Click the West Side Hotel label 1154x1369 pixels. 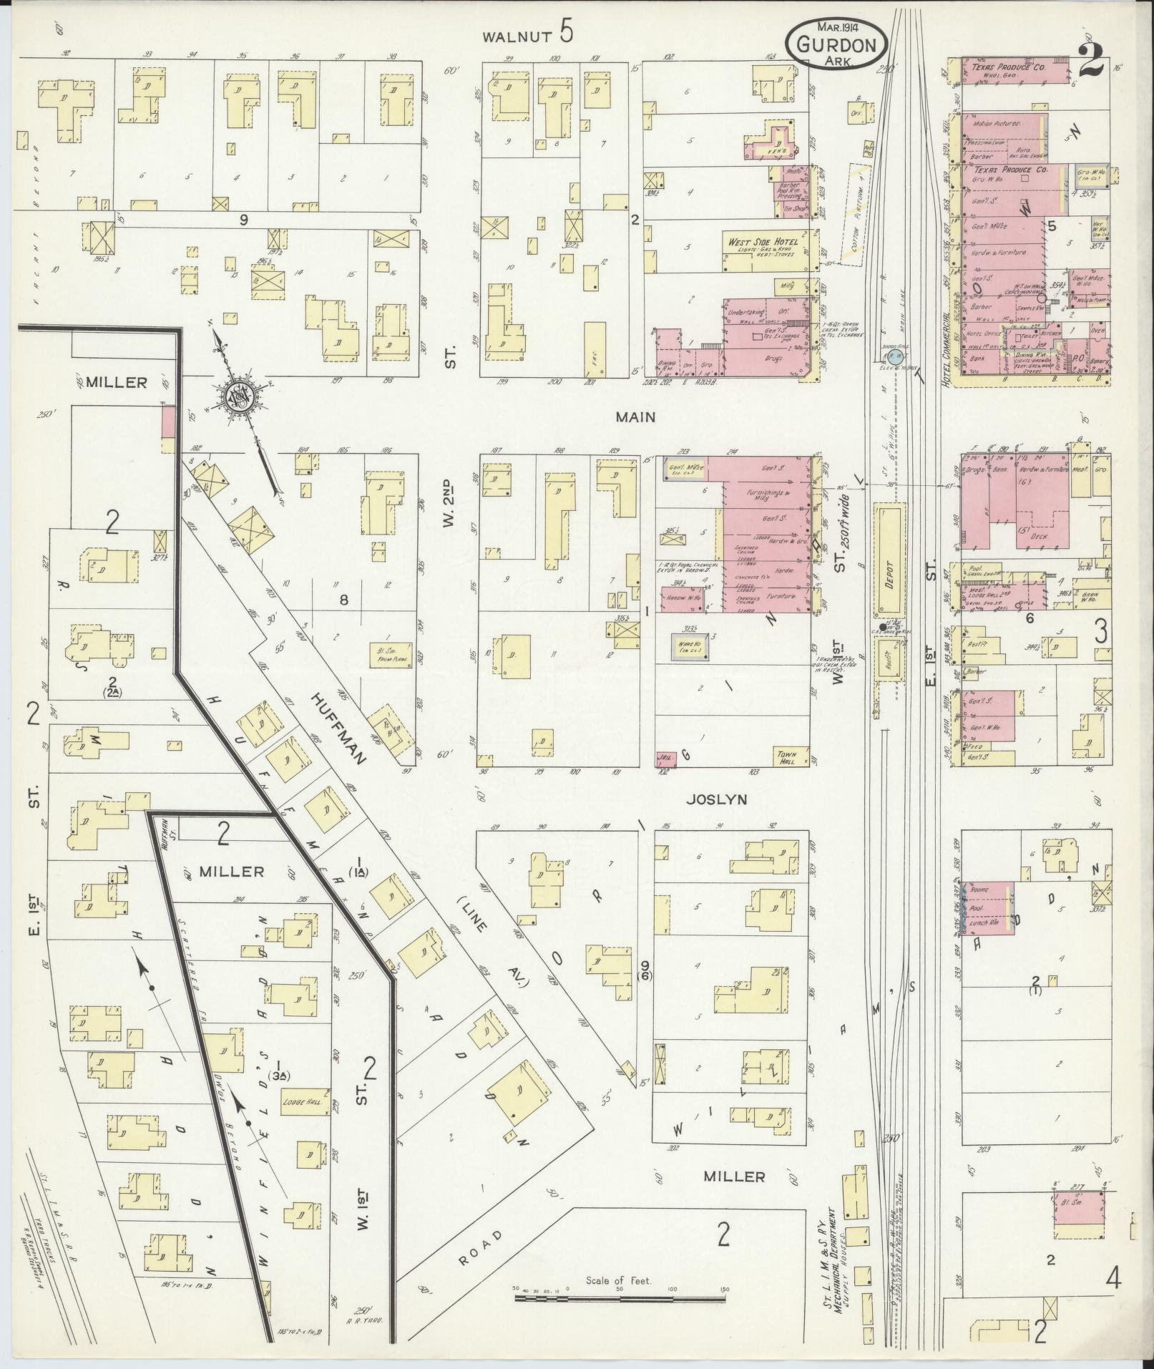[763, 242]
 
